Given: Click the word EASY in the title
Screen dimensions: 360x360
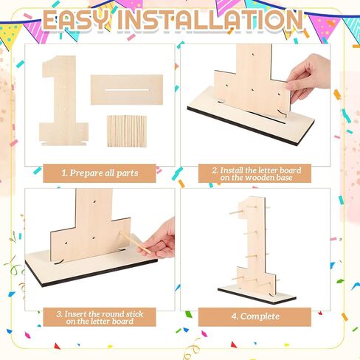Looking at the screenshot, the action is coord(76,20).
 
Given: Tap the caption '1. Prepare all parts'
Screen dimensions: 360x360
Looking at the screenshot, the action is coord(100,173).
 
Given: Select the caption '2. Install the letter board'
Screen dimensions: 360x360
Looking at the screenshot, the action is coord(257,170).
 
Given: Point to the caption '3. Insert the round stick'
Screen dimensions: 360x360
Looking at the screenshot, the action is coord(100,314).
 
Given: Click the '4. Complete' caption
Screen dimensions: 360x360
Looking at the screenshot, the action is coord(255,316).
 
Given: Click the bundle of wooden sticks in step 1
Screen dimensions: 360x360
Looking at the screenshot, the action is coord(127,131).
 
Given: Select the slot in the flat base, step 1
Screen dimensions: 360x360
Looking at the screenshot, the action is coord(127,90).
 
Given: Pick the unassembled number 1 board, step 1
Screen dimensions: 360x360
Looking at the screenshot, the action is coord(63,101).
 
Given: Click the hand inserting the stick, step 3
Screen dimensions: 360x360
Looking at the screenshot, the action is coord(159,240).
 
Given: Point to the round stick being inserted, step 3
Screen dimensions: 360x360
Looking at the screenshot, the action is coord(135,242).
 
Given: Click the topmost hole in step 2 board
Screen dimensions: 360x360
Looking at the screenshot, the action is coord(253,53).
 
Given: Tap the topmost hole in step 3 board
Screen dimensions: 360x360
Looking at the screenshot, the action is coord(94,202).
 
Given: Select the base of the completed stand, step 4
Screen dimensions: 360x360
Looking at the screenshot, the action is coord(257,294).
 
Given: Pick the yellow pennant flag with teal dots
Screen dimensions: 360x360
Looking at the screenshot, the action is coord(10,35).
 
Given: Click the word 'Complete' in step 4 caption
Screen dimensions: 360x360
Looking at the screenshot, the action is coord(260,316).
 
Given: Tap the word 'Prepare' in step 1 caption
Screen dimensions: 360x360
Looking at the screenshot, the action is coord(86,173).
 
